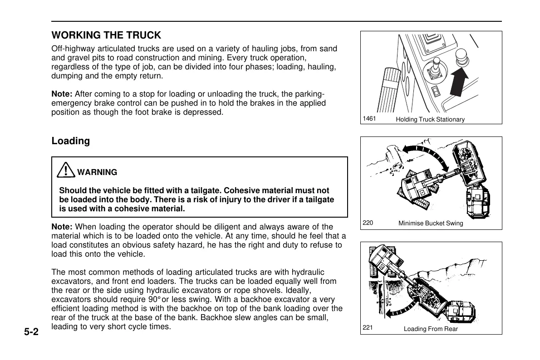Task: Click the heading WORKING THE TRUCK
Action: pyautogui.click(x=106, y=35)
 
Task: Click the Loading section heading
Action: pyautogui.click(x=71, y=141)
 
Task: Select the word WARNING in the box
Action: pyautogui.click(x=97, y=172)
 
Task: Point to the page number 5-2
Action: pyautogui.click(x=32, y=332)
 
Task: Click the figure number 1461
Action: pyautogui.click(x=369, y=118)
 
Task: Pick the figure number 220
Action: pyautogui.click(x=368, y=223)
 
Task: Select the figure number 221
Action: pyautogui.click(x=368, y=328)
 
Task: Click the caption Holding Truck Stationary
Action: pyautogui.click(x=430, y=120)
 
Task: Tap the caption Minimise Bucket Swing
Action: pyautogui.click(x=431, y=224)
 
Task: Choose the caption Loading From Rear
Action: pyautogui.click(x=431, y=329)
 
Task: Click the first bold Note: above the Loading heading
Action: pyautogui.click(x=62, y=94)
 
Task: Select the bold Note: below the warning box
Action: pyautogui.click(x=62, y=227)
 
